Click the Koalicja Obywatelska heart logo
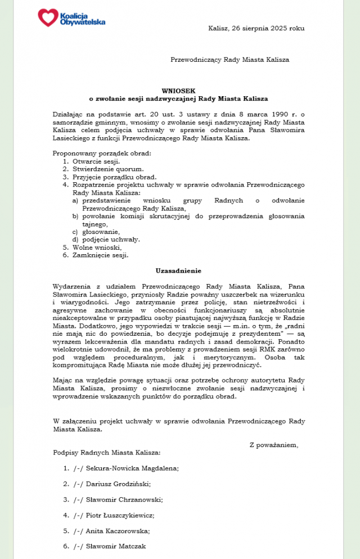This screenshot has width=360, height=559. click(x=48, y=17)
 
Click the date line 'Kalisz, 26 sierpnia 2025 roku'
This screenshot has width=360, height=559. click(x=256, y=28)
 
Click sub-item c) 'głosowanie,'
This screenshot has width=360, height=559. click(x=101, y=232)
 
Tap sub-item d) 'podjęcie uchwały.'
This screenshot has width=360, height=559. click(x=111, y=240)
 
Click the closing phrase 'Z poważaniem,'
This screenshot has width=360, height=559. click(x=274, y=445)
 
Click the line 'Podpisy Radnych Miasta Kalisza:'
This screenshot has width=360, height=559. click(x=107, y=452)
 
